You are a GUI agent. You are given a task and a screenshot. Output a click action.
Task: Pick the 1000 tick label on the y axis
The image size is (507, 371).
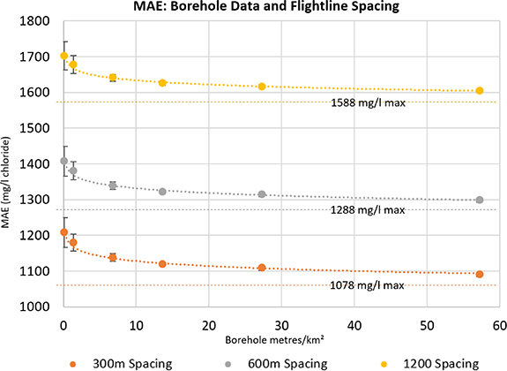[x=38, y=307]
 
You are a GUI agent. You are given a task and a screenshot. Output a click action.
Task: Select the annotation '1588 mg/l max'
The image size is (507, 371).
[x=368, y=103]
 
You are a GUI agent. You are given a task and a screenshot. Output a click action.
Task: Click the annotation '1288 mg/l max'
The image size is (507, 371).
[x=368, y=210]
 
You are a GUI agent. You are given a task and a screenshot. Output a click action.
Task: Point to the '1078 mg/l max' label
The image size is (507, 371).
[x=368, y=285]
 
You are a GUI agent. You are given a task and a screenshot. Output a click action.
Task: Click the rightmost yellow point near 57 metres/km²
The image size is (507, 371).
[x=479, y=91]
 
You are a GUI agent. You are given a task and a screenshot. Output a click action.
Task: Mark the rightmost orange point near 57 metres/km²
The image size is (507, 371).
[x=479, y=274]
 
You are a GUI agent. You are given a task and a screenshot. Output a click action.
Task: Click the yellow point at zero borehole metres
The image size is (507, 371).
[x=63, y=56]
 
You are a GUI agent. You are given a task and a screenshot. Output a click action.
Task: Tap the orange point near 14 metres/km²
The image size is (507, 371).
[x=162, y=264]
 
